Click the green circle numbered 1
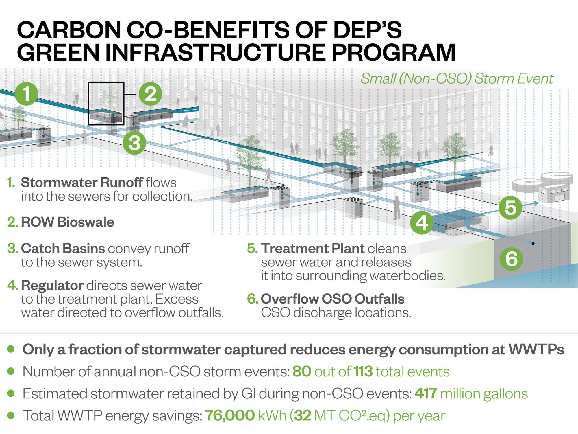click(x=26, y=94)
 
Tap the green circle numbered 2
click(x=150, y=94)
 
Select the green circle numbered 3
click(x=134, y=143)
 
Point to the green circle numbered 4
click(x=422, y=222)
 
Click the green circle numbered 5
click(x=510, y=207)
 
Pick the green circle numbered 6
click(x=511, y=258)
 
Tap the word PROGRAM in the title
click(x=393, y=52)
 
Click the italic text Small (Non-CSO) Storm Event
click(x=457, y=78)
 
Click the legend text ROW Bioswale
click(x=67, y=222)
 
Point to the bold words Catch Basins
click(x=63, y=248)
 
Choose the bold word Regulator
click(x=52, y=286)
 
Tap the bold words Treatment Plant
click(x=313, y=248)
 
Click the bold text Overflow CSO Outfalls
click(x=333, y=299)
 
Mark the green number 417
click(x=426, y=393)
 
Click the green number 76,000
click(x=230, y=415)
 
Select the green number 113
click(x=363, y=372)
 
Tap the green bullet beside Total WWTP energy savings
click(x=11, y=415)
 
